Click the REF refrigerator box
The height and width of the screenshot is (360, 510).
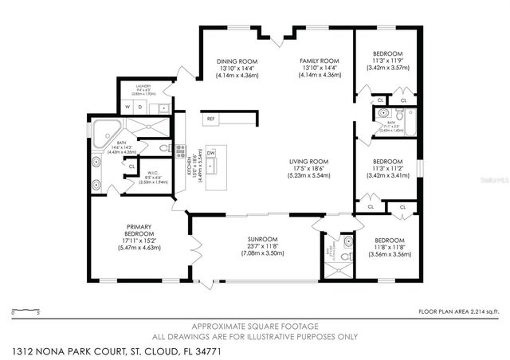210,119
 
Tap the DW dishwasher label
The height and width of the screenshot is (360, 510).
210,152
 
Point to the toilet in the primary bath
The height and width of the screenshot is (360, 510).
163,148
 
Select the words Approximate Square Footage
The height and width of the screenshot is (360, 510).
256,327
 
